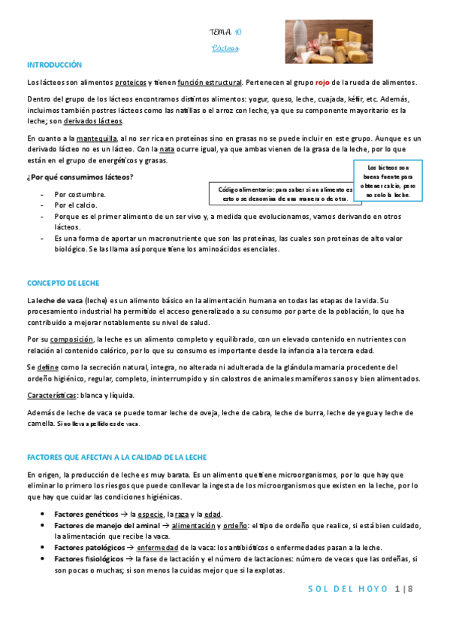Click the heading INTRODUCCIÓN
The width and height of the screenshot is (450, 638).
(x=54, y=65)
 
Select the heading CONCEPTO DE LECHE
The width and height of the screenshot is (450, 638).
(x=63, y=283)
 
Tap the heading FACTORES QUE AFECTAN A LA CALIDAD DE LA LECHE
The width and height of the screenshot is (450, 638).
(x=116, y=457)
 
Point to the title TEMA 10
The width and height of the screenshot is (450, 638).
(x=225, y=32)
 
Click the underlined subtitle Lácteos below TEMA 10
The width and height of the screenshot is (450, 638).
(x=225, y=49)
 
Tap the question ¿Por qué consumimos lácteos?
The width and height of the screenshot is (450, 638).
(x=80, y=177)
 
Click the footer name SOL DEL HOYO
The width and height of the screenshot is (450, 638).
(x=349, y=588)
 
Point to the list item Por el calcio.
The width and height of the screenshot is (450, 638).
(x=75, y=205)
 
